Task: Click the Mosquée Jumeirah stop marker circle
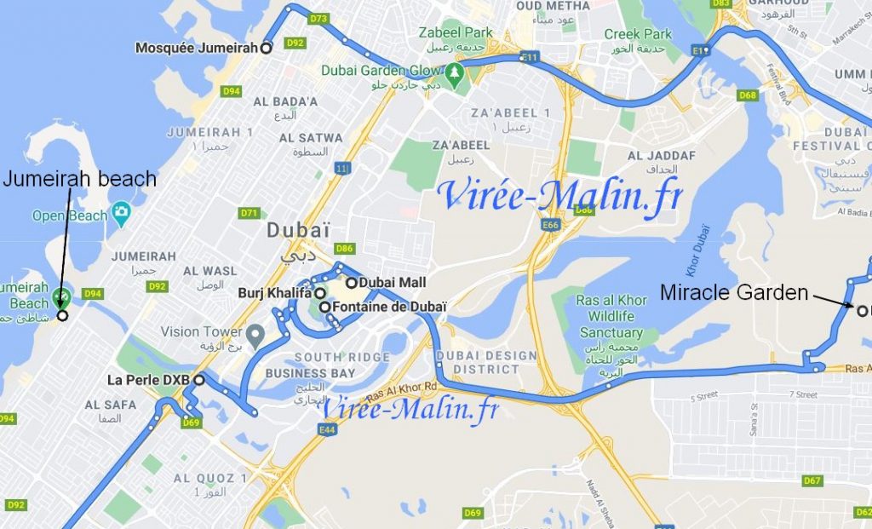(266, 49)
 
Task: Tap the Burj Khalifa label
(275, 292)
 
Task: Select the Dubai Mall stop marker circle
(351, 282)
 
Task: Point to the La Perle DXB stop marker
(198, 380)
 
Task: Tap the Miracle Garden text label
(734, 293)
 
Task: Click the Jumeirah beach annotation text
(80, 179)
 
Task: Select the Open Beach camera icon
(121, 210)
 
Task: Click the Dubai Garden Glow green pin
(456, 72)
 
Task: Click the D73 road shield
(319, 18)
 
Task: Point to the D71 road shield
(250, 212)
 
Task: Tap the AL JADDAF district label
(661, 156)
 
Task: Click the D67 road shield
(813, 481)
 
